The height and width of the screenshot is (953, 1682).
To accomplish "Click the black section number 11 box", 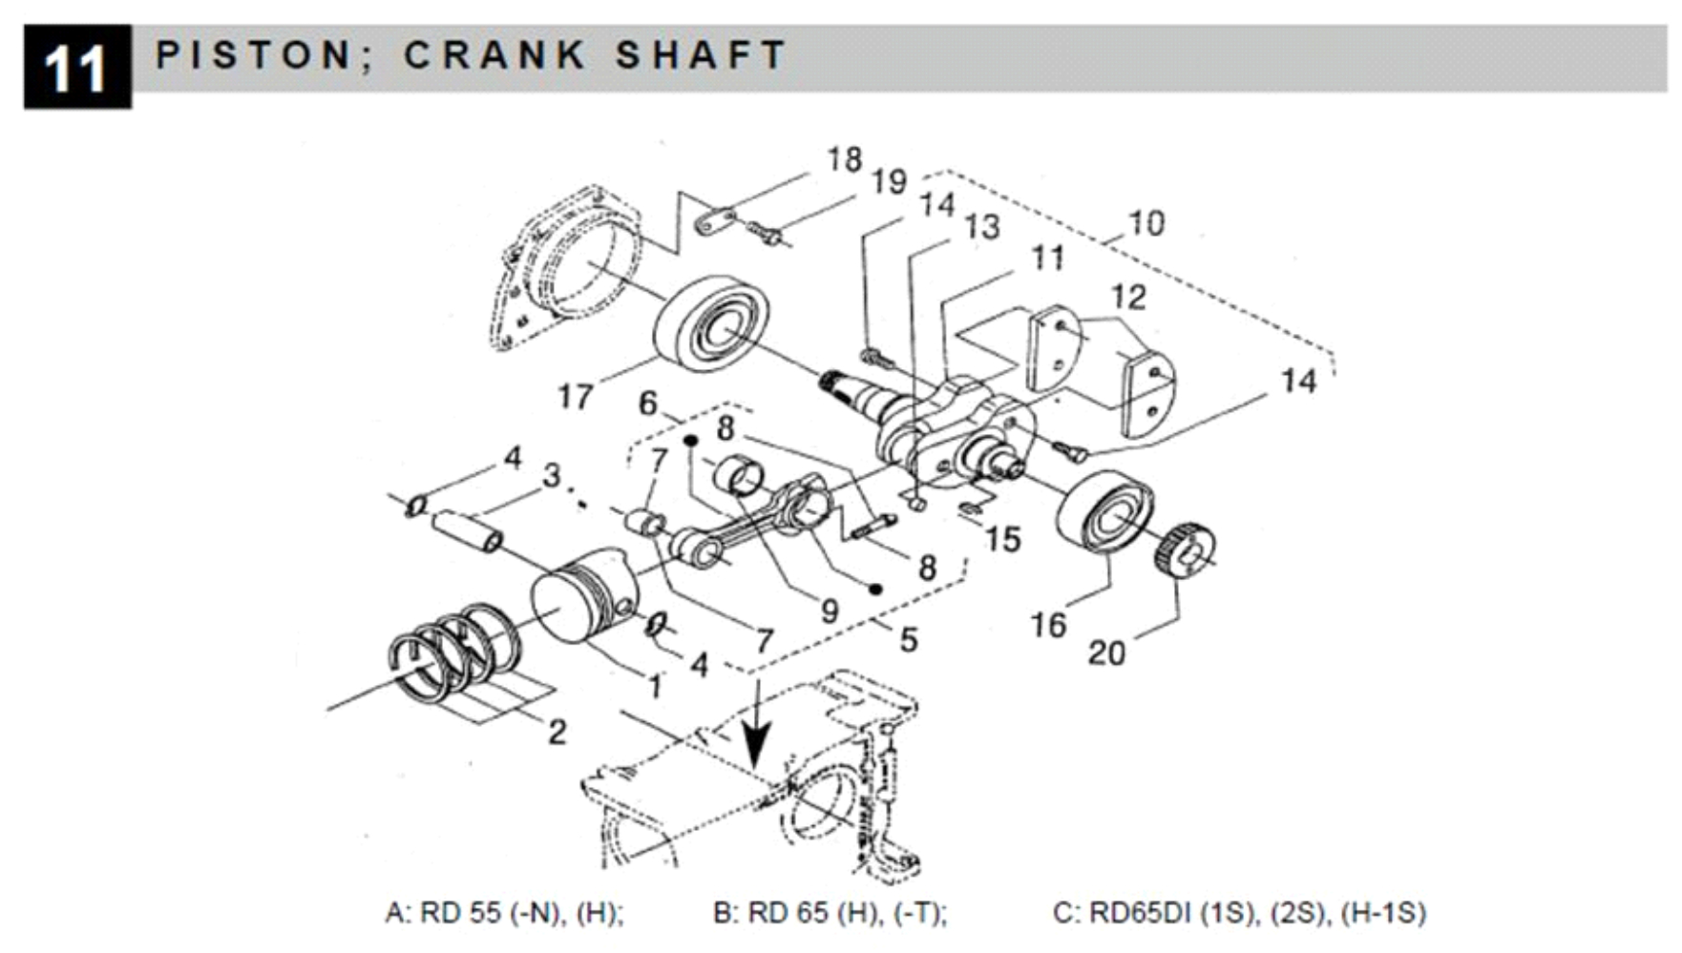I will click(x=76, y=67).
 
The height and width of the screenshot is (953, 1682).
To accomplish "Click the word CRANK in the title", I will click(x=494, y=55).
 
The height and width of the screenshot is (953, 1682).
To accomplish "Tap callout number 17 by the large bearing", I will click(x=575, y=396).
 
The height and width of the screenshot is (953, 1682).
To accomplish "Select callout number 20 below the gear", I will click(x=1106, y=653).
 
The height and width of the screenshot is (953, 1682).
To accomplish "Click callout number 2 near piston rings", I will click(x=557, y=732).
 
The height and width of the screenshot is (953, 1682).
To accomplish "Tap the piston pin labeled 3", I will click(x=467, y=528).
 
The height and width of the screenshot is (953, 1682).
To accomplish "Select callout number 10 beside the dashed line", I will click(x=1146, y=224).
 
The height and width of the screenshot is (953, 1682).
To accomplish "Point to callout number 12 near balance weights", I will click(x=1127, y=298).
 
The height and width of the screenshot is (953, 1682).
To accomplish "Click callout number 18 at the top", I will click(x=844, y=160).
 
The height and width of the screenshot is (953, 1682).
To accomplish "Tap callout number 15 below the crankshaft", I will click(x=1002, y=540).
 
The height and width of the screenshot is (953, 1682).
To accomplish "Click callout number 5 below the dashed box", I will click(x=908, y=639).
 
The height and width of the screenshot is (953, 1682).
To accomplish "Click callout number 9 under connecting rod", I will click(x=830, y=611).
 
